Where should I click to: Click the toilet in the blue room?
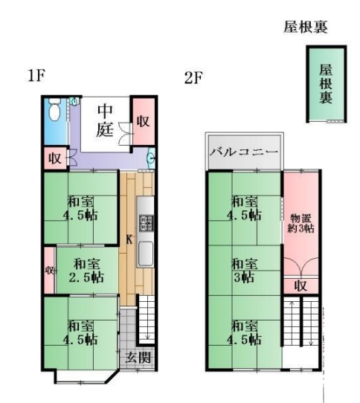point(54,111)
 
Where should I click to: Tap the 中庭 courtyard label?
point(105,120)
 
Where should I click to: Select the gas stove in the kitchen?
point(146,223)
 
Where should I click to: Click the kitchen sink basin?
point(146,254)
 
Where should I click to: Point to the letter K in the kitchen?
point(129,240)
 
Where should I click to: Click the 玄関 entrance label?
point(138,358)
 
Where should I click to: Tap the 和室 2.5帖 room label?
point(86,271)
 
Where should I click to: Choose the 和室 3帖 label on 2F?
point(244,271)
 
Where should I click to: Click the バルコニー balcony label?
point(244,152)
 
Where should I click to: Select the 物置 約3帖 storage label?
point(300,223)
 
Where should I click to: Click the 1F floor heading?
point(36,76)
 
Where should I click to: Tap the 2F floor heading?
point(193,77)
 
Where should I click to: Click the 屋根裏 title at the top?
point(306,27)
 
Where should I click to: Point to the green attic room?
point(327,84)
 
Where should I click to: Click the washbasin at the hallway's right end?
point(152,158)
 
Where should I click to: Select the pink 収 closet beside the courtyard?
point(144,122)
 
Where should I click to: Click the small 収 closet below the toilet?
point(55,158)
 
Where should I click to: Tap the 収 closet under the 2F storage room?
point(300,286)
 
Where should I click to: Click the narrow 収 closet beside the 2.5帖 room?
point(49,271)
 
